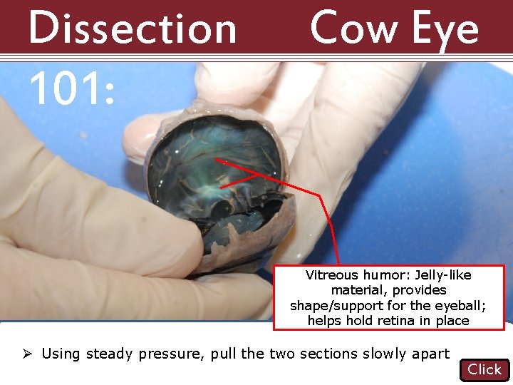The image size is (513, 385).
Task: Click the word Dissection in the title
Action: (133, 29)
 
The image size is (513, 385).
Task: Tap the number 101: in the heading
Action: (71, 89)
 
